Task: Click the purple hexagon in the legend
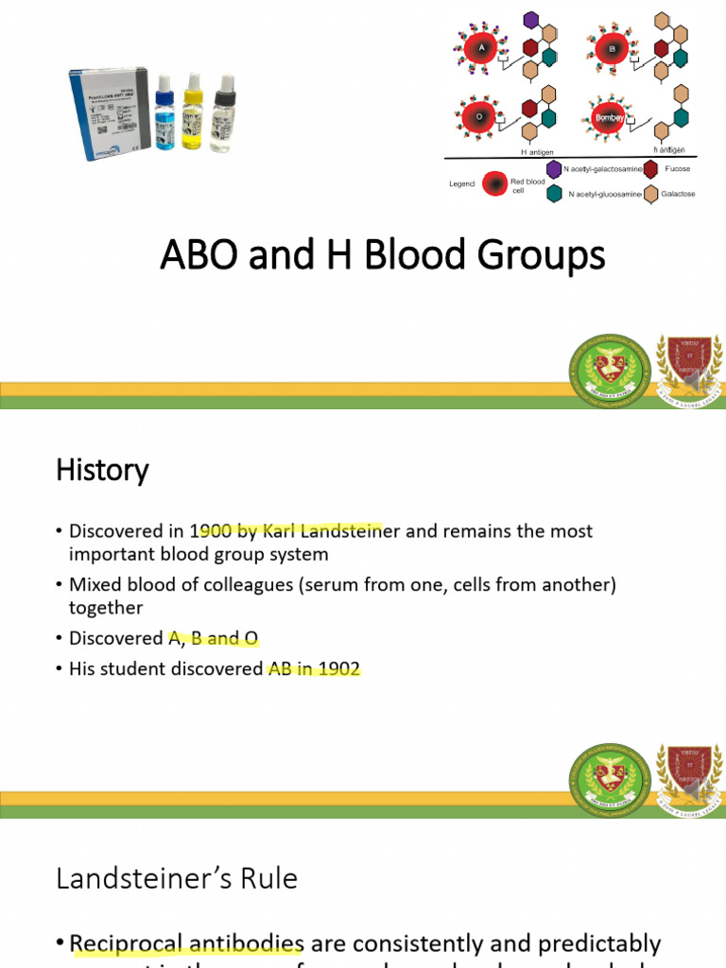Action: [x=554, y=169]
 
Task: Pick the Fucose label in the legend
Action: [x=678, y=168]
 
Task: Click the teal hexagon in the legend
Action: [x=554, y=194]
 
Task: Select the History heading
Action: [x=102, y=470]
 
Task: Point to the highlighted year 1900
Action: [x=208, y=530]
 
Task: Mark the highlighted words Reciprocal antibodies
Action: [x=186, y=944]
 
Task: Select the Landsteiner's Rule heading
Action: [x=177, y=878]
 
